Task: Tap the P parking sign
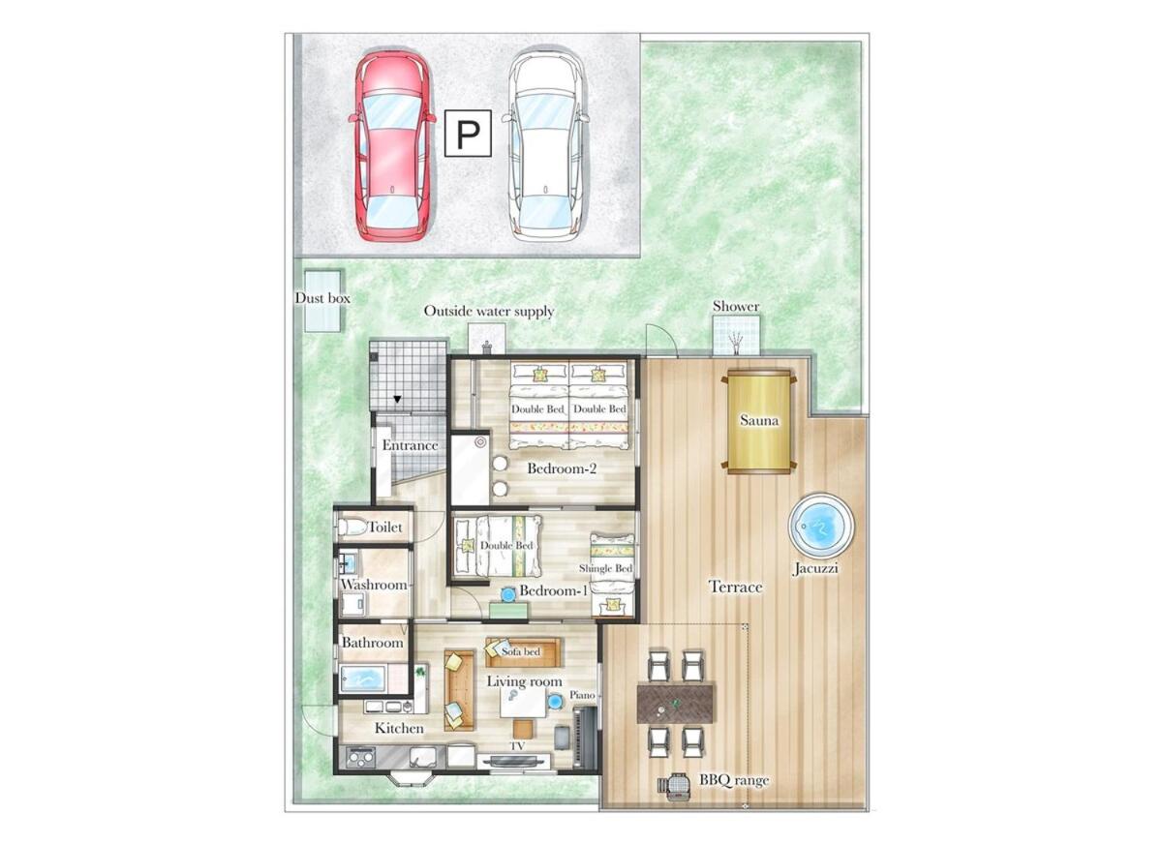pyautogui.click(x=468, y=134)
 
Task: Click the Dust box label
pyautogui.click(x=322, y=298)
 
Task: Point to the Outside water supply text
pyautogui.click(x=489, y=311)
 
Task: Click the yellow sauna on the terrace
pyautogui.click(x=759, y=421)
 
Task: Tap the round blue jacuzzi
pyautogui.click(x=821, y=527)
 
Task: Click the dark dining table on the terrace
pyautogui.click(x=675, y=704)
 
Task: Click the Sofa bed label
pyautogui.click(x=521, y=651)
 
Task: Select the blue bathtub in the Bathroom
pyautogui.click(x=362, y=677)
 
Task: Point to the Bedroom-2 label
pyautogui.click(x=562, y=468)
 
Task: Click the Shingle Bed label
pyautogui.click(x=605, y=569)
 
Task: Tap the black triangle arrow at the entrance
pyautogui.click(x=397, y=399)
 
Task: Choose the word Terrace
pyautogui.click(x=735, y=587)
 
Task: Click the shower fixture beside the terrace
pyautogui.click(x=737, y=342)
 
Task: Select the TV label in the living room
pyautogui.click(x=517, y=746)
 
